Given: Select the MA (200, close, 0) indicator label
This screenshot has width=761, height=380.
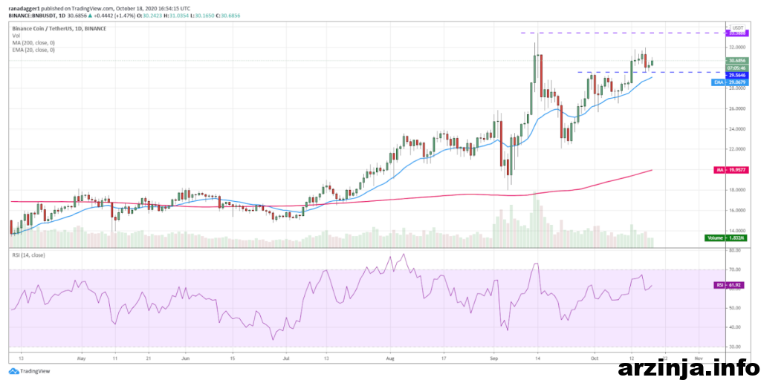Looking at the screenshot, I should (x=33, y=42).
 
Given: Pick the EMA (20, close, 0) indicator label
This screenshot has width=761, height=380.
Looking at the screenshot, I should (x=34, y=50).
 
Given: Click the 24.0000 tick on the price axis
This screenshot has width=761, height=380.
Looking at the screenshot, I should (x=737, y=129).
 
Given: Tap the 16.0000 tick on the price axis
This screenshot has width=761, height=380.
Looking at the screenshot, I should (x=737, y=211).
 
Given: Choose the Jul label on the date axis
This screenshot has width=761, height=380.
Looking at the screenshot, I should (x=286, y=357).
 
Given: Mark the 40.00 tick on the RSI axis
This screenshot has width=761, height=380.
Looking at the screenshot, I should (x=735, y=327).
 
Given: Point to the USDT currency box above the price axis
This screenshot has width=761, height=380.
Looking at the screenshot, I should (x=736, y=27).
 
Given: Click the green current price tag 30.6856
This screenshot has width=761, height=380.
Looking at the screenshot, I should (x=736, y=60).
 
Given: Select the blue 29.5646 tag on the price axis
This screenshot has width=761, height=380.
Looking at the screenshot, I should (x=736, y=75).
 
